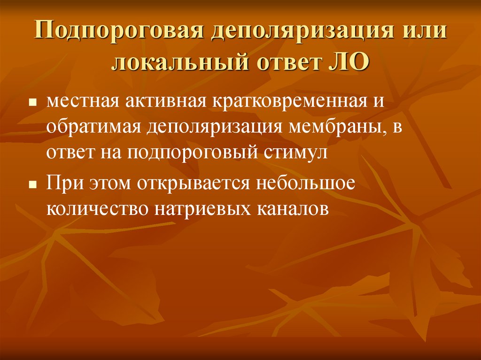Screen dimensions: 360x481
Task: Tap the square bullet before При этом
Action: pos(33,185)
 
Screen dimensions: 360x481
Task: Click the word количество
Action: pos(97,209)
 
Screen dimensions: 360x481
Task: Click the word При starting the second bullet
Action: pos(64,184)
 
